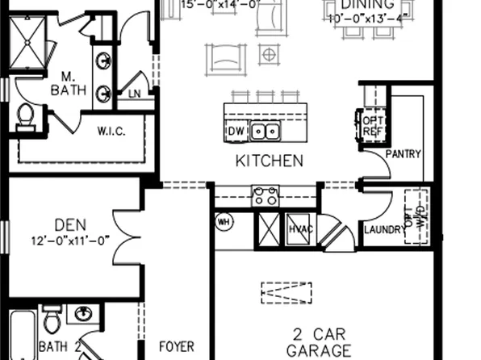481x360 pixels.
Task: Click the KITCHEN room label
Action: (270, 161)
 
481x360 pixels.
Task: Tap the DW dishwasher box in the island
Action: (236, 131)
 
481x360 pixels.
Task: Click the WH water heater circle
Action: (224, 220)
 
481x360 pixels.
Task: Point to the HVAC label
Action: (300, 229)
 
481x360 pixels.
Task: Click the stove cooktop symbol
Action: (266, 195)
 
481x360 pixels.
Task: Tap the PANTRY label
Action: (404, 153)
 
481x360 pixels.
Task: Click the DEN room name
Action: (70, 224)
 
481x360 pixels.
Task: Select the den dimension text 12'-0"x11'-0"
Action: (70, 240)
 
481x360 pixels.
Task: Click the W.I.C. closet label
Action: (111, 131)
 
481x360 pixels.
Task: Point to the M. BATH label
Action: (67, 83)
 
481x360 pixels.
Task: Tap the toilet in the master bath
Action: (24, 116)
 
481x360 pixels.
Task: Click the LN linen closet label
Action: (135, 94)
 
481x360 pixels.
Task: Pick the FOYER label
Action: (176, 347)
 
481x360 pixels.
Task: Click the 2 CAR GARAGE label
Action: (320, 342)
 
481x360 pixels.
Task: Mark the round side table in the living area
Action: (268, 55)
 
